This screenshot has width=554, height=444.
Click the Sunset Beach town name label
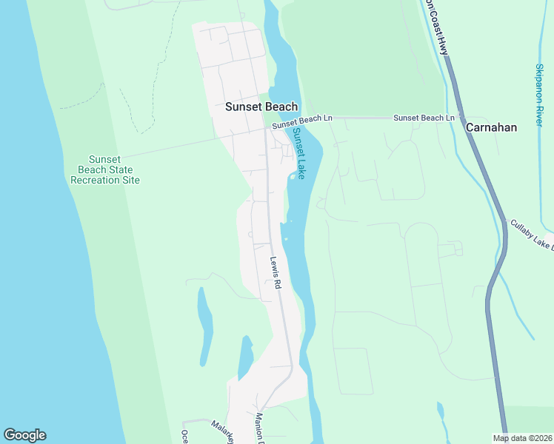(x=261, y=107)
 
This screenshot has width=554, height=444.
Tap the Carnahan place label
(x=491, y=127)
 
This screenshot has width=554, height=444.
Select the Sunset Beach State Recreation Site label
(x=114, y=169)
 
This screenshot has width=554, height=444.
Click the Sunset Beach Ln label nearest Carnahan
(x=423, y=118)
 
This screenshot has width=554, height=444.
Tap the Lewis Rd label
(x=276, y=272)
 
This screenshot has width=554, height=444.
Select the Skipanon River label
(x=539, y=94)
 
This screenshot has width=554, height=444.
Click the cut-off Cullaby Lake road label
(x=532, y=235)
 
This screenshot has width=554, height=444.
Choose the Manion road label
(x=260, y=426)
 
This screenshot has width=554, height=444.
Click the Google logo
(x=24, y=435)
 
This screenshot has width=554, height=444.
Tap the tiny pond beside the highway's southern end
(x=441, y=411)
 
